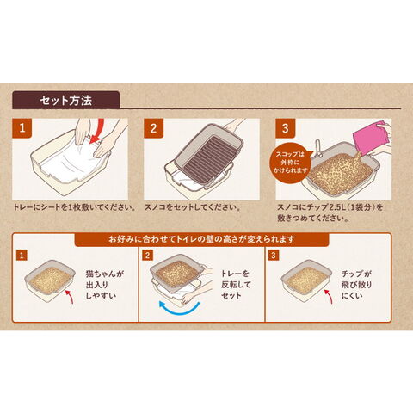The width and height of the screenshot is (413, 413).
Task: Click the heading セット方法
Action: [x=66, y=101]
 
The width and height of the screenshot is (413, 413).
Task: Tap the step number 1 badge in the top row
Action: [x=22, y=128]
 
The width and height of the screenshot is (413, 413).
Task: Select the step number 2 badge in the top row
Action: [x=153, y=128]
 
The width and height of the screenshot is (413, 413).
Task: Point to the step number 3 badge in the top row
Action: [x=285, y=128]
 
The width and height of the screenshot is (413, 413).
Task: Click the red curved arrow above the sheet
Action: [x=99, y=131]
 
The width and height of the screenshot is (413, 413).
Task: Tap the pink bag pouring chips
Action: [x=370, y=138]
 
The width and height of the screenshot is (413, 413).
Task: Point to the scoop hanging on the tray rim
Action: [x=318, y=148]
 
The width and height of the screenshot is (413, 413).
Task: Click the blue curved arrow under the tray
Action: [x=179, y=311]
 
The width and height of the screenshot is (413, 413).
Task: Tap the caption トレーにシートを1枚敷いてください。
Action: [x=75, y=207]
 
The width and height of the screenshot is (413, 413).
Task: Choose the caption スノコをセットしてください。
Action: [x=193, y=207]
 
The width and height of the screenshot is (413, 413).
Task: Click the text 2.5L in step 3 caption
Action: [x=335, y=207]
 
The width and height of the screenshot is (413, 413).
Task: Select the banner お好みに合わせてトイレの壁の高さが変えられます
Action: [x=201, y=239]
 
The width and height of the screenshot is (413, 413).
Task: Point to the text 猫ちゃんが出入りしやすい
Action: [x=105, y=285]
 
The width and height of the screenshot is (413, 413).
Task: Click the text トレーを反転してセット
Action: [x=236, y=285]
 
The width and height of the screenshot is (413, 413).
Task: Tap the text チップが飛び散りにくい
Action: [x=356, y=285]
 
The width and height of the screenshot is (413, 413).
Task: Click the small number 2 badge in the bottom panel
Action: [x=147, y=255]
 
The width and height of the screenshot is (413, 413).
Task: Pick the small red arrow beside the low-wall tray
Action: [x=70, y=297]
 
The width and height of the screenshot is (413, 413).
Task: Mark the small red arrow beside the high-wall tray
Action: [x=329, y=297]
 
